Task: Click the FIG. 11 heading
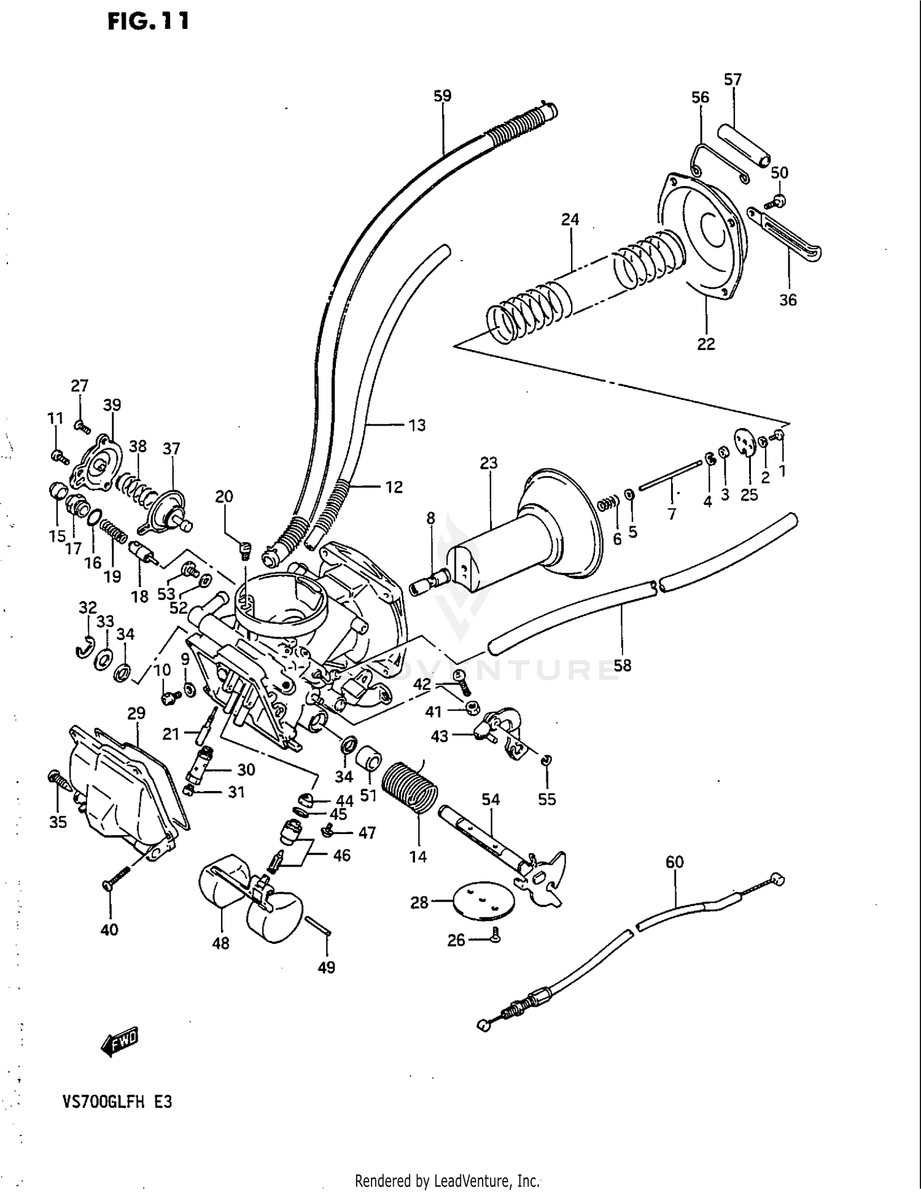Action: tap(148, 21)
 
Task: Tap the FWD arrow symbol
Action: tap(120, 1042)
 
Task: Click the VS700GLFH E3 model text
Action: tap(117, 1119)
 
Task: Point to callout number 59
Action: tap(442, 96)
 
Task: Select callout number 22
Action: tap(705, 344)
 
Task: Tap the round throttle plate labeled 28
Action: tap(484, 901)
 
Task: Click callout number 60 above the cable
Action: tap(674, 862)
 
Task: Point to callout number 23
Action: tap(489, 463)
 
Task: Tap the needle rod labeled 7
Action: tap(670, 476)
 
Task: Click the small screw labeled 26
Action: tap(495, 936)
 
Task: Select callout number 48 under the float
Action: tap(220, 943)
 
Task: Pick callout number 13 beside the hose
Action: tap(417, 425)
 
